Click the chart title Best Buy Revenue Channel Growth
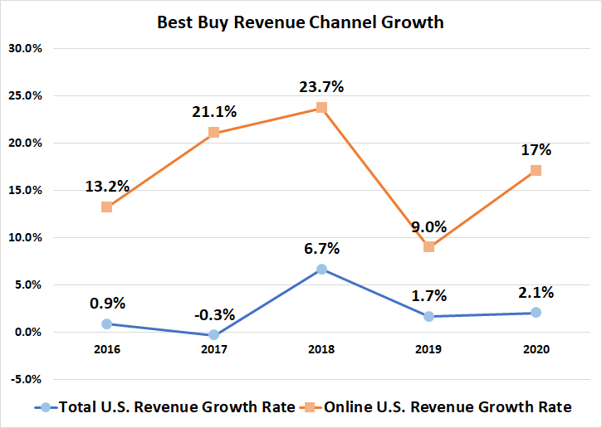tap(301, 22)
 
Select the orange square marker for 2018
tap(321, 108)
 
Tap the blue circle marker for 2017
tap(214, 335)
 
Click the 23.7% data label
tap(321, 86)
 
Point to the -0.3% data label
tap(214, 314)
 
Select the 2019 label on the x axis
tap(428, 350)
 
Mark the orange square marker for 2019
tap(428, 247)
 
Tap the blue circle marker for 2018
tap(321, 269)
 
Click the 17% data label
tap(536, 150)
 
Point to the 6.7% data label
tap(321, 248)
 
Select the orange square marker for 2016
tap(107, 207)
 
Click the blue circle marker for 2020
tap(536, 313)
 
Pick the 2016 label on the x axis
tap(107, 350)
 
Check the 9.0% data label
tap(428, 226)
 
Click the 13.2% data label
tap(107, 186)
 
